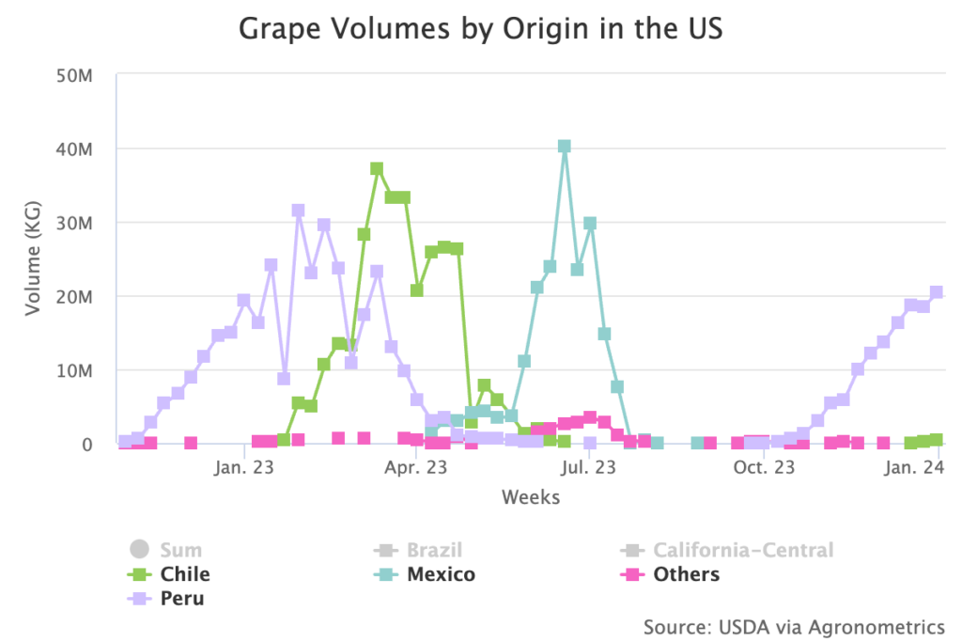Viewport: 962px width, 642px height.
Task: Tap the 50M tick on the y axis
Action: [x=72, y=75]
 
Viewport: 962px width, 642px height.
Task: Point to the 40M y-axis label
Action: [x=72, y=149]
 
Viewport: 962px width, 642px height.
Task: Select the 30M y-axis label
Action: [x=72, y=223]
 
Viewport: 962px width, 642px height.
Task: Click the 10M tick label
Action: [x=72, y=370]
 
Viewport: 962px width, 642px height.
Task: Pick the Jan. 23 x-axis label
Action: [x=243, y=466]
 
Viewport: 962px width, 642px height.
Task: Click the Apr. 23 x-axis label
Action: [x=415, y=466]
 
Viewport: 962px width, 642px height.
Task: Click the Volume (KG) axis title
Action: [x=33, y=259]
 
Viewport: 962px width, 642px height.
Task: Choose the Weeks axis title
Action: [x=530, y=496]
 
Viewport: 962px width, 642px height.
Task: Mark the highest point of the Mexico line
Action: [x=564, y=147]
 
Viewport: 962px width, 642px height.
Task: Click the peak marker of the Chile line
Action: [x=377, y=169]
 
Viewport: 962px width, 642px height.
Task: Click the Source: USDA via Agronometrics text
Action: [x=794, y=626]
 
